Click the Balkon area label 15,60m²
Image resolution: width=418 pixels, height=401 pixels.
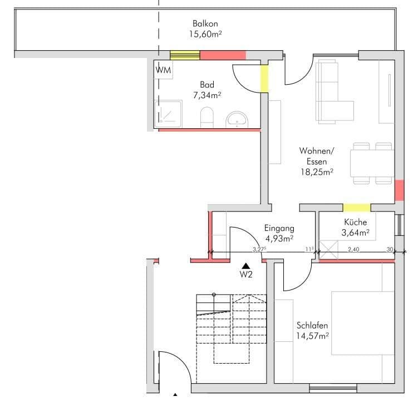(205, 35)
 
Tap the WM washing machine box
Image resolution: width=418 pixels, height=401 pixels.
(164, 70)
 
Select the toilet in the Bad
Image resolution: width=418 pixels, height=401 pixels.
(207, 117)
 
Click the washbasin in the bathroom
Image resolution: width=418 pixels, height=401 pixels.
(238, 119)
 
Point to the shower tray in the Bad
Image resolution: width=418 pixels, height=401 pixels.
(169, 113)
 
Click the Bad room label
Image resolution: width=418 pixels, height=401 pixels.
(207, 85)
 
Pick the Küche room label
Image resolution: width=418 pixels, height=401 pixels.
(356, 222)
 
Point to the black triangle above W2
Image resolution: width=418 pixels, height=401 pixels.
(245, 266)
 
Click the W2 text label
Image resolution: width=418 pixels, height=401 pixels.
(246, 274)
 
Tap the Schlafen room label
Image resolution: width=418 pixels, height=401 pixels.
(312, 326)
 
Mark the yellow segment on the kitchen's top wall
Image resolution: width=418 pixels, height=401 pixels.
(356, 207)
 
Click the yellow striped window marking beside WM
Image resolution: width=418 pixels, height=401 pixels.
(185, 55)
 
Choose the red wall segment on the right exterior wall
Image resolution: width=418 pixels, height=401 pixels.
(399, 191)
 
